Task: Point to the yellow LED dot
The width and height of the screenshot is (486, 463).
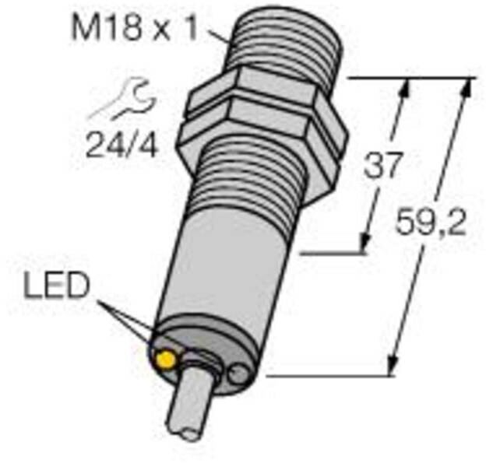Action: pyautogui.click(x=166, y=359)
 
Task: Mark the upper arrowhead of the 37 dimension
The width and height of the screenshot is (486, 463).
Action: pyautogui.click(x=403, y=89)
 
